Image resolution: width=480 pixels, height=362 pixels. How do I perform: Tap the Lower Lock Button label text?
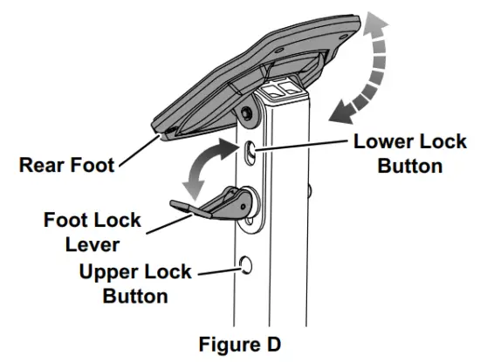click(x=409, y=154)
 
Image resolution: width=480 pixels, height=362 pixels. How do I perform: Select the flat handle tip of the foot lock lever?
click(x=177, y=206)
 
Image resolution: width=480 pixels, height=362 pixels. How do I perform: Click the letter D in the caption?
click(x=273, y=345)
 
